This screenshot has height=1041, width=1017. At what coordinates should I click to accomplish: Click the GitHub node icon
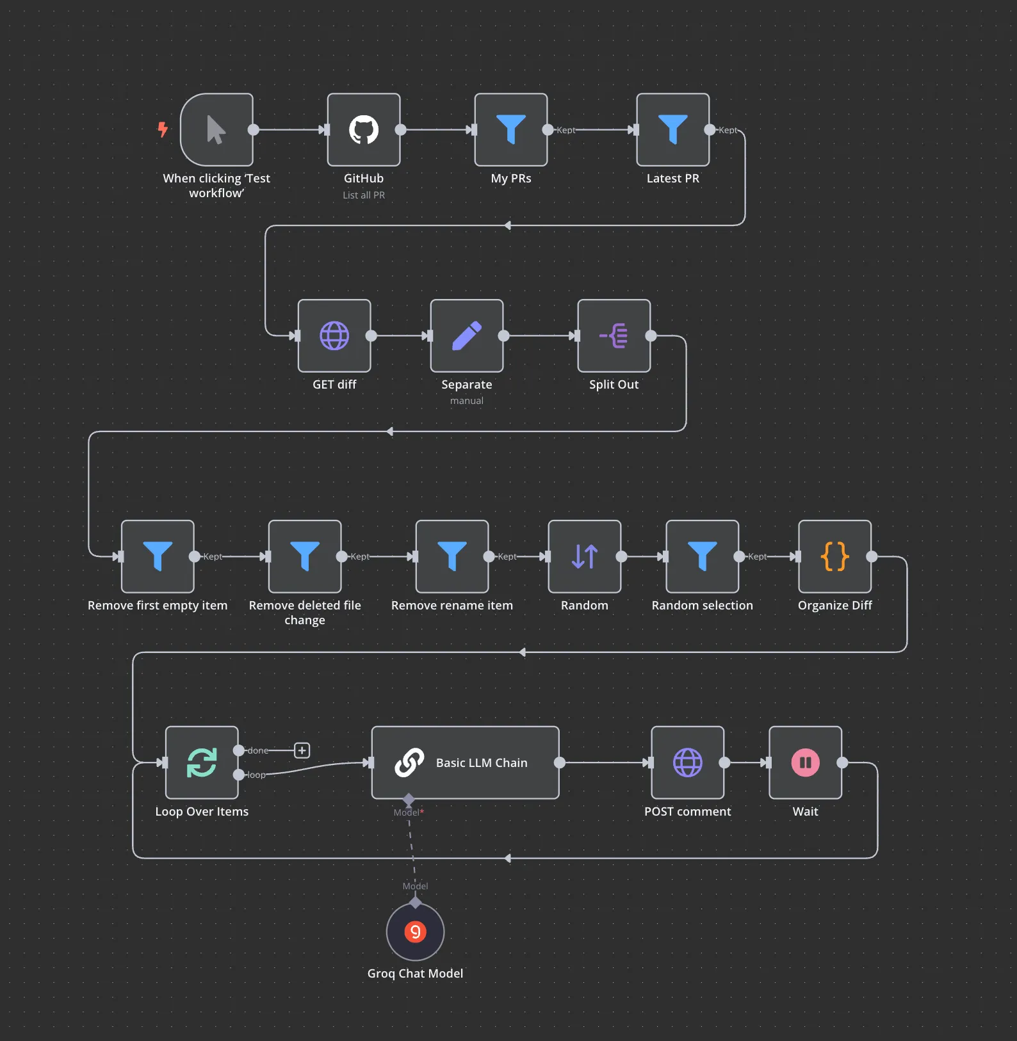click(364, 130)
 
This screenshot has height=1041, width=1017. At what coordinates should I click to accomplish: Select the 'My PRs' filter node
click(511, 130)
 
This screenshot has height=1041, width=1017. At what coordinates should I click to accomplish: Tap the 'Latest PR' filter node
click(673, 130)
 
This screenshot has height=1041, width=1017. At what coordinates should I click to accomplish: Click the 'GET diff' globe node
click(334, 335)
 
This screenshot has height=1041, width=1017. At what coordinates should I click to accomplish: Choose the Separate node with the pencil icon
click(467, 335)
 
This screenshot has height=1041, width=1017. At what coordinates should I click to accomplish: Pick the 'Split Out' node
click(614, 335)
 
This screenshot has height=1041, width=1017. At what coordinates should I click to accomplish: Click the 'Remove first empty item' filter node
click(158, 556)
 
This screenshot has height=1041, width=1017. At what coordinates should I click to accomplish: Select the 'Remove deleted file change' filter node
click(305, 556)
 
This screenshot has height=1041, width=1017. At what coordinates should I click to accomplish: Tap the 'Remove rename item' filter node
click(452, 556)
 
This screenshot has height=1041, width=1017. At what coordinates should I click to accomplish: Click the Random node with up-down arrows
click(585, 556)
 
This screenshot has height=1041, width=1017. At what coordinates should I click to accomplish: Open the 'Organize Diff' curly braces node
click(835, 556)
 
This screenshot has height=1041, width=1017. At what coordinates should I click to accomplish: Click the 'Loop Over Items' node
click(202, 763)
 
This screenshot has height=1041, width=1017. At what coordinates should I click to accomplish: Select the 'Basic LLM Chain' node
click(466, 763)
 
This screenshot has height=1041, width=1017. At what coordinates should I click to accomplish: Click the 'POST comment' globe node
click(688, 763)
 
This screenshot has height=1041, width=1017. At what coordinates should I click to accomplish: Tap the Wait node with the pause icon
click(806, 763)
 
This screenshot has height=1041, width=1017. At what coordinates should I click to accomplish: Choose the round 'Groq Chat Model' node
click(416, 932)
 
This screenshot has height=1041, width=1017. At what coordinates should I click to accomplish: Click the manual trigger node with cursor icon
click(216, 130)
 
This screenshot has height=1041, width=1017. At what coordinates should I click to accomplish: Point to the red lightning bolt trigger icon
click(163, 130)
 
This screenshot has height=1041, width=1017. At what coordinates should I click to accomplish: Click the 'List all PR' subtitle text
click(364, 195)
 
